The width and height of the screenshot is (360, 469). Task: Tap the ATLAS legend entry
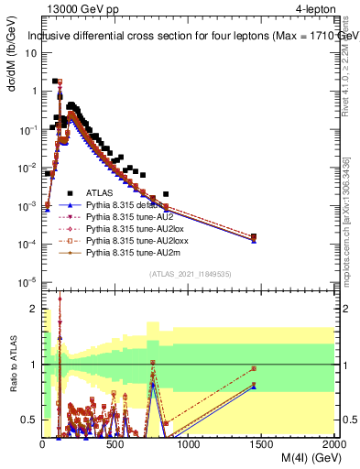point(101,194)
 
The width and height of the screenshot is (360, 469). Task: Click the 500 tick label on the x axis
point(115,443)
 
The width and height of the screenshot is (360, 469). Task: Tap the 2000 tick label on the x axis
point(333,443)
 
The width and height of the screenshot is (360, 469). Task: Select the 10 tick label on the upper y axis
point(30,53)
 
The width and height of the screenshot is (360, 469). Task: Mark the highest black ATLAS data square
point(56,82)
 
